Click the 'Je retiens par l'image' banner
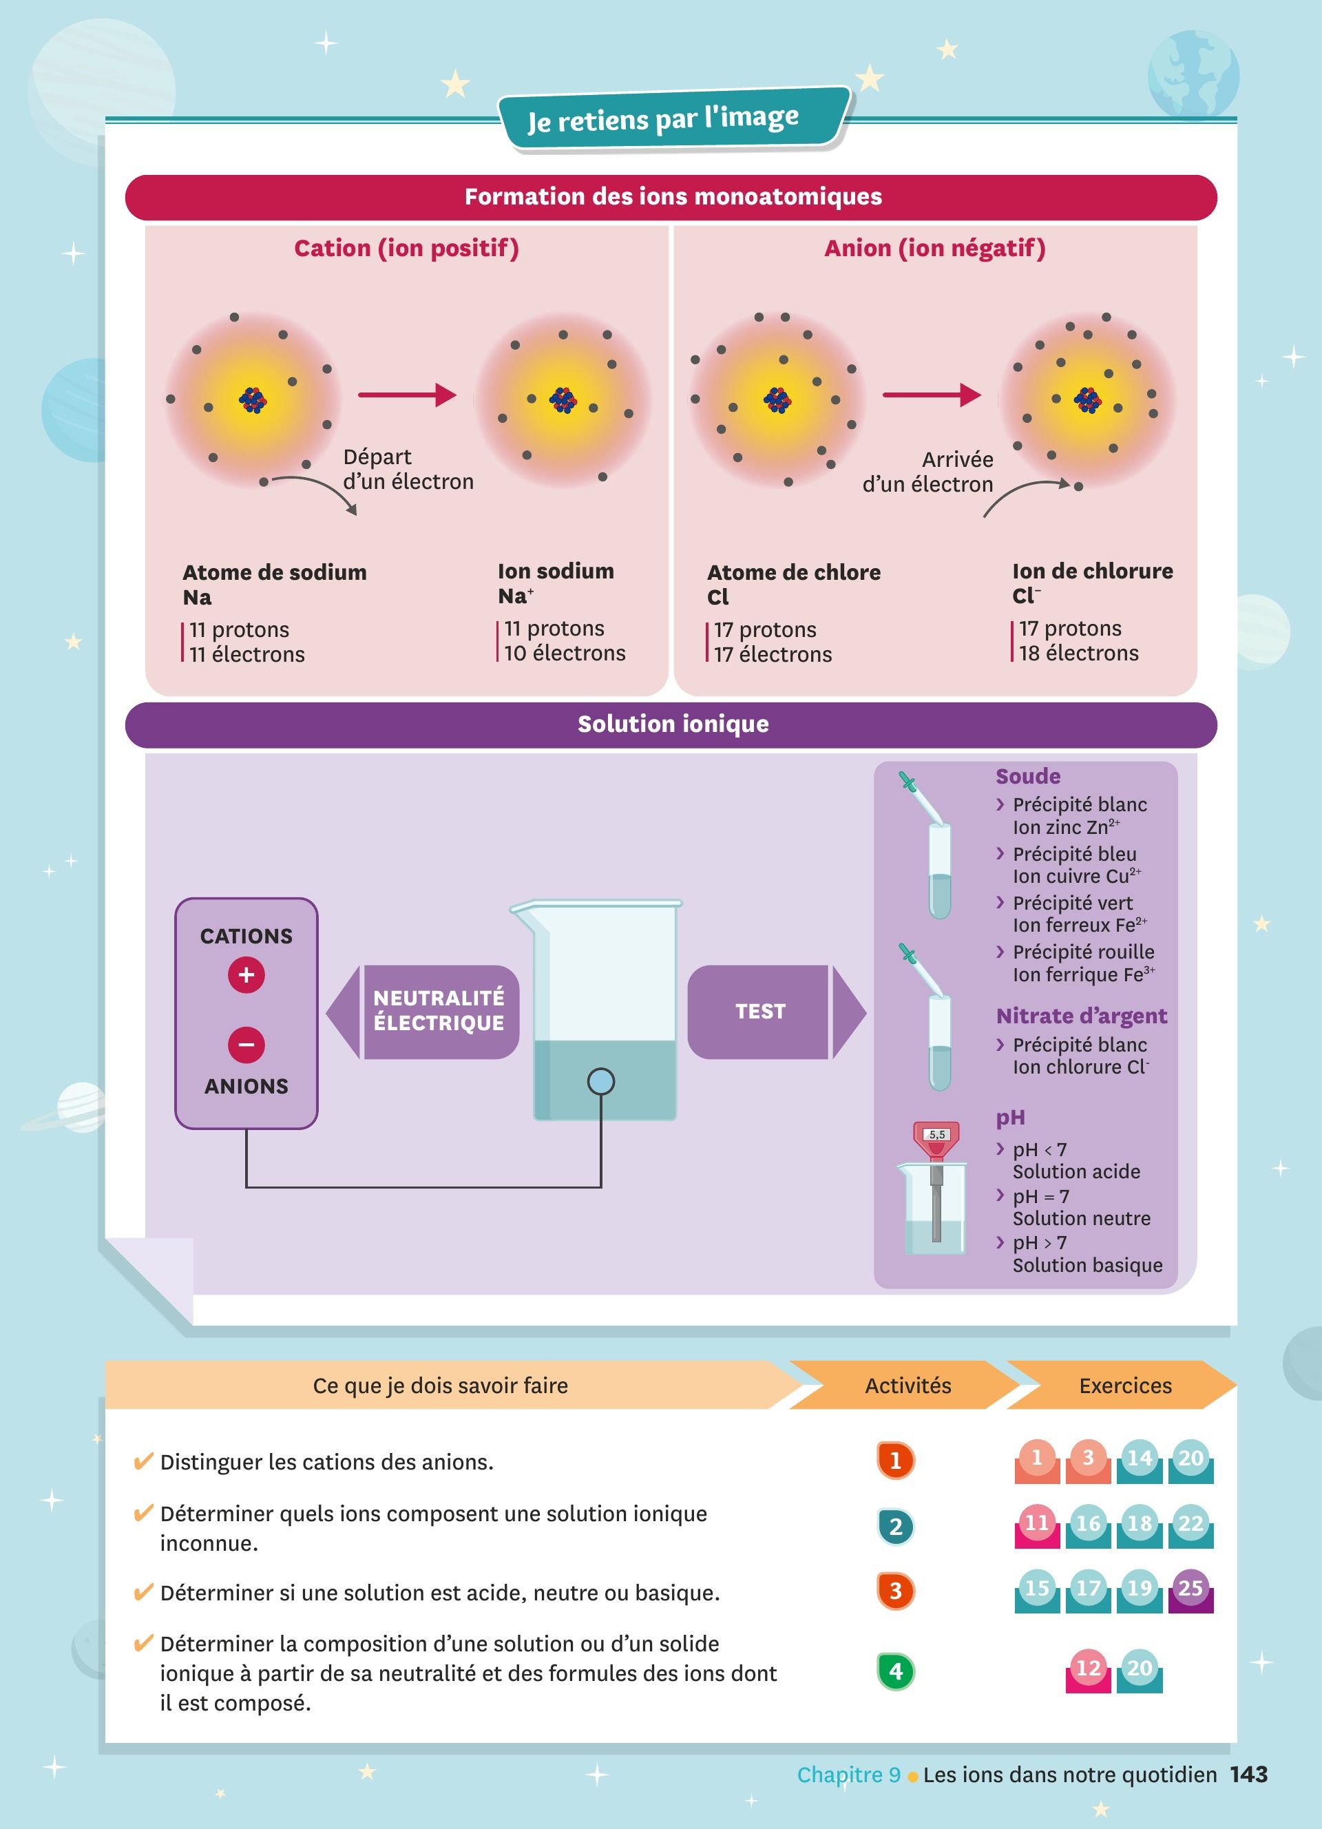(674, 119)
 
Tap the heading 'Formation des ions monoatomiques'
(673, 197)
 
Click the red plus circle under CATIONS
(246, 974)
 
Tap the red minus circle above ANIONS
(246, 1045)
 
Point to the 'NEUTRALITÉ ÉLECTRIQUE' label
(439, 1010)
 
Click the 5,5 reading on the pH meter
(936, 1135)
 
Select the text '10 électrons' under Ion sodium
(565, 654)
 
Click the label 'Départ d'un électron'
(408, 470)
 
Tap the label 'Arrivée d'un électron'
(928, 472)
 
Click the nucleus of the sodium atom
(253, 399)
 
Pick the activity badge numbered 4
(896, 1670)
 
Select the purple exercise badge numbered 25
(1190, 1589)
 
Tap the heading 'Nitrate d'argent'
(1082, 1016)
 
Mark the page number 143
(1248, 1774)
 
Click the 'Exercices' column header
(1125, 1386)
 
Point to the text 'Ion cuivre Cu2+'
(1077, 876)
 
